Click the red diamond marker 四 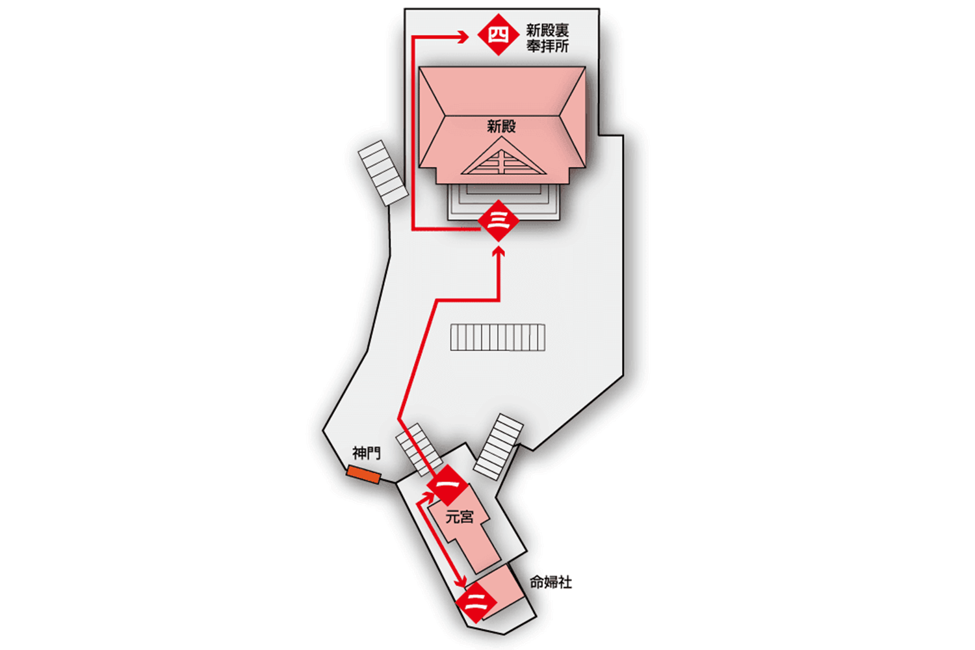[x=498, y=34]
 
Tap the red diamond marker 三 [x=498, y=221]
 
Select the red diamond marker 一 [x=448, y=485]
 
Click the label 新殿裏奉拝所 [x=547, y=38]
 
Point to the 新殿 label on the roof [x=501, y=126]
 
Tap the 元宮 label [x=460, y=517]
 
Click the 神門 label [x=366, y=453]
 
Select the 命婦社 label [x=551, y=582]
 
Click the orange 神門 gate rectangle [x=364, y=474]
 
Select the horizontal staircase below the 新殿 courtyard [x=498, y=337]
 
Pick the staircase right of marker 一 [x=498, y=446]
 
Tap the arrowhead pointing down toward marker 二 [x=462, y=580]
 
